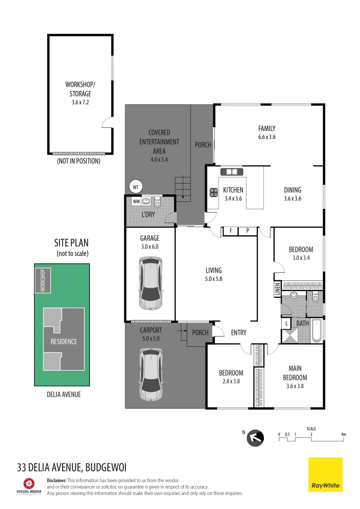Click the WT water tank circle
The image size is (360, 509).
[136, 187]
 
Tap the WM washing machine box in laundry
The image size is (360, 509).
[136, 202]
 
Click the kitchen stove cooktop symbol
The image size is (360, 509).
[213, 192]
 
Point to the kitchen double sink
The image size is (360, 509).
[231, 172]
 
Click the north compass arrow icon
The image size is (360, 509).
[255, 438]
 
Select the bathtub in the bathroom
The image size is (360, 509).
[317, 331]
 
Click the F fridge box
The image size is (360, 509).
[231, 231]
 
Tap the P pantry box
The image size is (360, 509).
[247, 231]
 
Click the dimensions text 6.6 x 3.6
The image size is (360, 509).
[266, 137]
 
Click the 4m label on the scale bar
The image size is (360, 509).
[344, 434]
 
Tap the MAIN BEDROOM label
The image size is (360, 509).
[295, 373]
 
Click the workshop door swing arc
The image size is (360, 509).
[107, 123]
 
